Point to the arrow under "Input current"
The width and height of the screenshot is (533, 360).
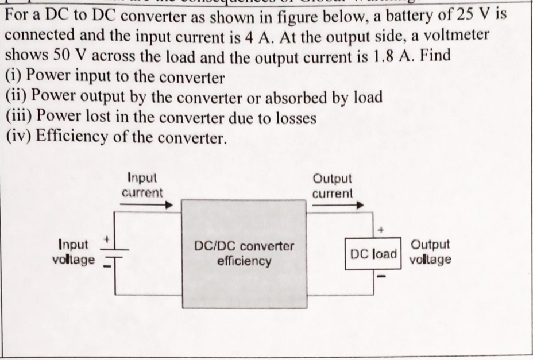pyautogui.click(x=147, y=205)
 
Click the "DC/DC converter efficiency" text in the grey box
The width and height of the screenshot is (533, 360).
pyautogui.click(x=244, y=253)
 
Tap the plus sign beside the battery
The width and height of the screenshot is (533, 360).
pyautogui.click(x=106, y=237)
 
